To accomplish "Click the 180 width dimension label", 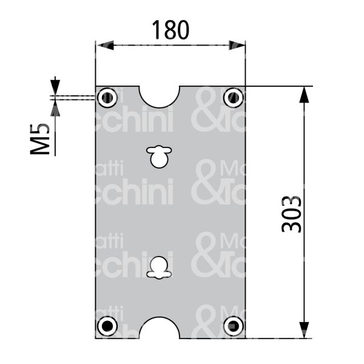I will coord(170,29).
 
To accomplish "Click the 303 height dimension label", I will coord(292,213).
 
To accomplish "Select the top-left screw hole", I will coord(107,97).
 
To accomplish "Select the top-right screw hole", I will coord(233,97).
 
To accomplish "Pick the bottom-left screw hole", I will coord(107,326).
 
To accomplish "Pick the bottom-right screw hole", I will coord(233,326).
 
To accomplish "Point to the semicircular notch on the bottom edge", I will coord(160,328).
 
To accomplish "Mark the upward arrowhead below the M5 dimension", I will coord(55,108).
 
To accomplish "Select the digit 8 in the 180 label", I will coord(170,29).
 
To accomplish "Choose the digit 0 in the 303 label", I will coord(292,213).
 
